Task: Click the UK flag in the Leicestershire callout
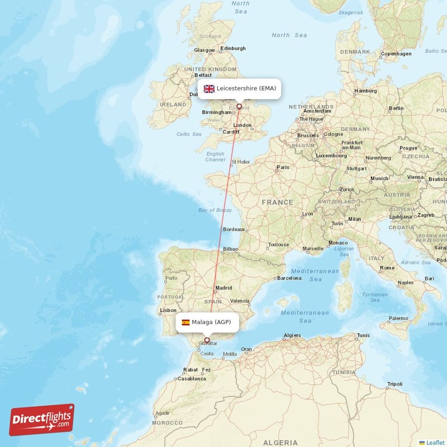coord(209,88)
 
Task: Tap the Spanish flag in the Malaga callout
coord(186,322)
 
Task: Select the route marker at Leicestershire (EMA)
coord(239,106)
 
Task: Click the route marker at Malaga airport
coord(207,340)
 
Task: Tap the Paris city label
coord(283,167)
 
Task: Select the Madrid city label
coord(223,288)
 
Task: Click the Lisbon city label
coord(168,310)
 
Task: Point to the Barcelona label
coord(289,278)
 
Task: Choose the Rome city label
coord(387,268)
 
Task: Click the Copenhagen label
coord(396,54)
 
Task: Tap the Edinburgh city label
coord(233,48)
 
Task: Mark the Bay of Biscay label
coord(215,210)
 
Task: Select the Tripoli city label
coord(394,384)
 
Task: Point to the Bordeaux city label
coord(234,229)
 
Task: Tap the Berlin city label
coord(396,108)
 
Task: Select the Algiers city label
coord(292,335)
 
